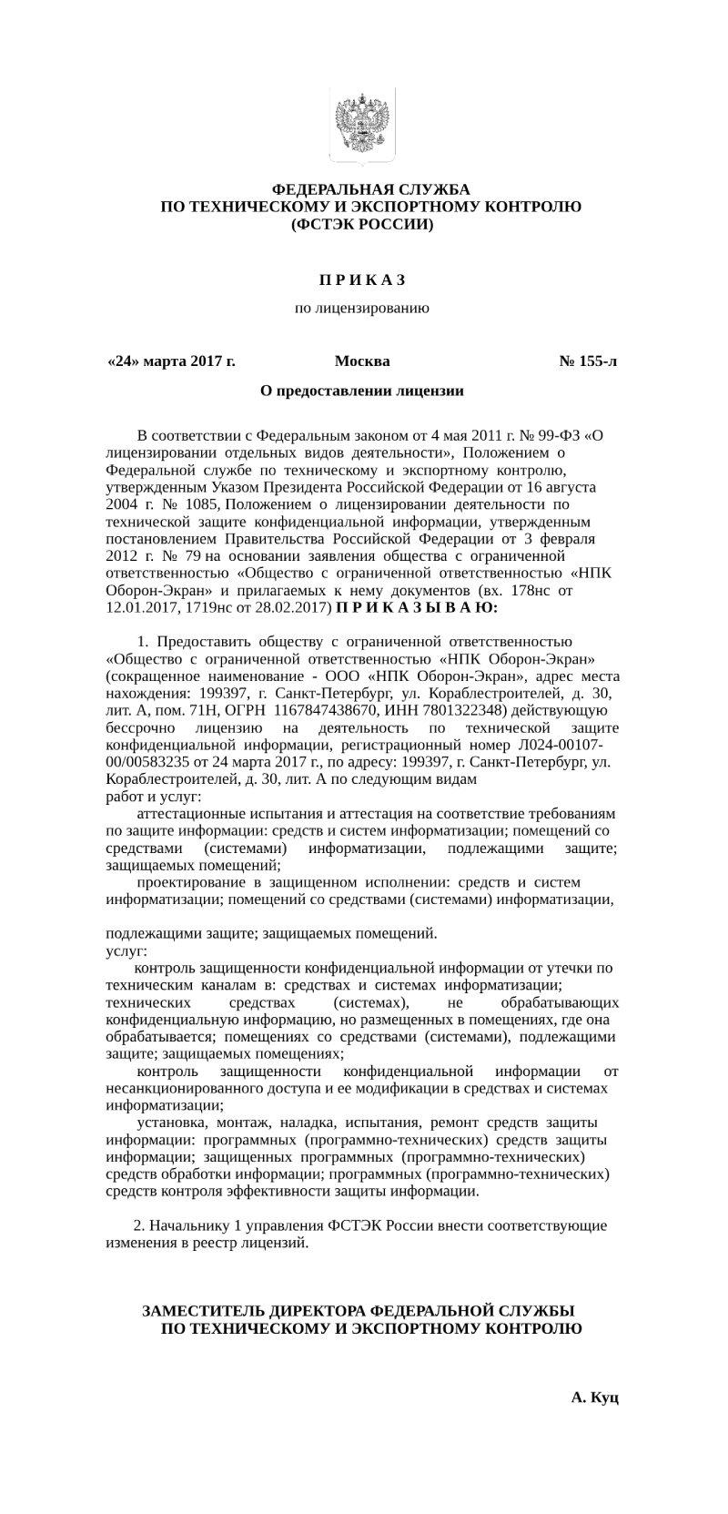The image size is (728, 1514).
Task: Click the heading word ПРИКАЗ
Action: (362, 279)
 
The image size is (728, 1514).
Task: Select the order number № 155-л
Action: (588, 361)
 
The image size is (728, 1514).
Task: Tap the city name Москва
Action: (362, 361)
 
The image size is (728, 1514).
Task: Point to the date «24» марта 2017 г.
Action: (171, 361)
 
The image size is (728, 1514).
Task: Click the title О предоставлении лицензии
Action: (362, 391)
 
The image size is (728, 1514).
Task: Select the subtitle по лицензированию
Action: (362, 309)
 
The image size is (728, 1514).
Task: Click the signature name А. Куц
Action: (595, 1396)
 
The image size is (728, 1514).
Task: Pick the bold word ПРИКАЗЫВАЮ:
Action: (418, 607)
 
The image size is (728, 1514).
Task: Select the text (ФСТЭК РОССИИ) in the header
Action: (362, 223)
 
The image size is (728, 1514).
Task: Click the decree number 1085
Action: (198, 503)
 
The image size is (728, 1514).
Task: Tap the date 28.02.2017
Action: (287, 607)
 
